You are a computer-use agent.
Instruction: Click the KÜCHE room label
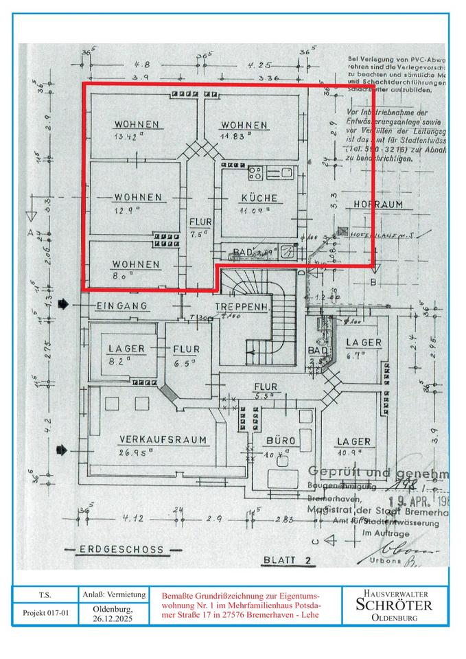pyautogui.click(x=259, y=198)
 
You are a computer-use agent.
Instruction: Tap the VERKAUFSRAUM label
pyautogui.click(x=163, y=440)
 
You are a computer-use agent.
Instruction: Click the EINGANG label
pyautogui.click(x=123, y=305)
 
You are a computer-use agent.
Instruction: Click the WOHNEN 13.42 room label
pyautogui.click(x=137, y=124)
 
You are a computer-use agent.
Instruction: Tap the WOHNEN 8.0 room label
pyautogui.click(x=137, y=264)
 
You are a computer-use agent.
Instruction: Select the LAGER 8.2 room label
pyautogui.click(x=126, y=349)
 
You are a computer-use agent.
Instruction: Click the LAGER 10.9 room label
pyautogui.click(x=353, y=441)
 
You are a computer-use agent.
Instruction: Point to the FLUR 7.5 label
pyautogui.click(x=200, y=222)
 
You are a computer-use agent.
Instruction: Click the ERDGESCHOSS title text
pyautogui.click(x=121, y=550)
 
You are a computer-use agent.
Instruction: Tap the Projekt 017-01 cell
pyautogui.click(x=47, y=613)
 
